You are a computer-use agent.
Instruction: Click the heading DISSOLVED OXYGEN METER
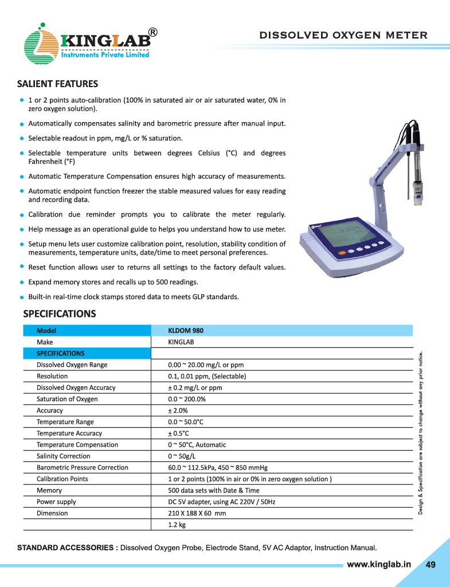(x=343, y=35)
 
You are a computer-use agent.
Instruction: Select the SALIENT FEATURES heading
(x=57, y=84)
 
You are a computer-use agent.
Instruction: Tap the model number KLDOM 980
(x=185, y=330)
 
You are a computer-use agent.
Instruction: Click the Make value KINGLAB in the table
(x=181, y=342)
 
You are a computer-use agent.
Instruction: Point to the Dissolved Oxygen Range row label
(x=72, y=365)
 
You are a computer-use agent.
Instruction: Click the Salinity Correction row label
(x=63, y=456)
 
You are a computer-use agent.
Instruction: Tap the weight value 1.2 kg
(x=177, y=525)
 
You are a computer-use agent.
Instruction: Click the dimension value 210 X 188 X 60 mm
(x=197, y=513)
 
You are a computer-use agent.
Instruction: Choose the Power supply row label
(x=56, y=502)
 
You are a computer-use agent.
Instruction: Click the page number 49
(x=431, y=565)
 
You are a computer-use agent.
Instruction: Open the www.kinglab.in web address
(x=379, y=564)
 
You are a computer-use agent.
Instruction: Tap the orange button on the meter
(x=342, y=253)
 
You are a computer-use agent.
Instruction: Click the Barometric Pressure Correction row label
(x=83, y=468)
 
